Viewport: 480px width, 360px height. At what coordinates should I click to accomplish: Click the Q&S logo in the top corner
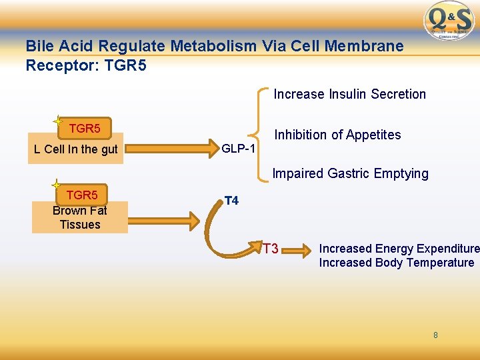click(450, 20)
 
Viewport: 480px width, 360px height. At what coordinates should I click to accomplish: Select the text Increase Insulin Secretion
click(349, 94)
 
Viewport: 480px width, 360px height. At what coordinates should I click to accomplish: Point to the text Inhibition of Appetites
click(337, 135)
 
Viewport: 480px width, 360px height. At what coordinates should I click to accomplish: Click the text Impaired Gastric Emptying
click(350, 173)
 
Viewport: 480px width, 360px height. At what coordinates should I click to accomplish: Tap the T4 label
click(231, 200)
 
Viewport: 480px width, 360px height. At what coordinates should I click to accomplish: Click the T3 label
click(270, 249)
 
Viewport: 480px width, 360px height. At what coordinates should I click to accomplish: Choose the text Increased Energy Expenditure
click(399, 249)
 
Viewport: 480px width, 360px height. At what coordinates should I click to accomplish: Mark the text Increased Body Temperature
click(396, 263)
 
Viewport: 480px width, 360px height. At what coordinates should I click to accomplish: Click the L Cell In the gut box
click(75, 149)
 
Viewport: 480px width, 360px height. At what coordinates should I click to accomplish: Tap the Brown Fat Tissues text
click(79, 217)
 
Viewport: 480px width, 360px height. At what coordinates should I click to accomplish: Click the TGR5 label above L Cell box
click(85, 128)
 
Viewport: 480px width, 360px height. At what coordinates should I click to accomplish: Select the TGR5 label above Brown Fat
click(81, 195)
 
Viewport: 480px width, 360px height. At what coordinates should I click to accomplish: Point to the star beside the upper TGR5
click(58, 121)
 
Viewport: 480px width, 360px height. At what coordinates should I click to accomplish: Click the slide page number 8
click(435, 335)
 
